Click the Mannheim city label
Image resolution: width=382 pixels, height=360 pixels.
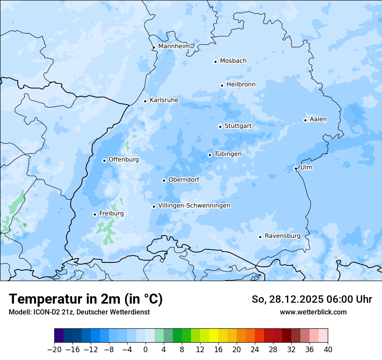click(174, 46)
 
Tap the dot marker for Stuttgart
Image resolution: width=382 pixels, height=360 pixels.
click(220, 127)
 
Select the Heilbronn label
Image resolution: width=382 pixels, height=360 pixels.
click(241, 85)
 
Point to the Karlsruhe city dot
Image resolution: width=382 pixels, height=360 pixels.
click(145, 101)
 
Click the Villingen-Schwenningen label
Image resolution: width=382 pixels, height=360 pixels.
click(194, 206)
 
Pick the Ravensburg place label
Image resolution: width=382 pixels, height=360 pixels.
click(283, 236)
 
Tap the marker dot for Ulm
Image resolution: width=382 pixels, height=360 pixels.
click(296, 168)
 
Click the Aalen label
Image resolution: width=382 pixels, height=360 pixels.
click(318, 119)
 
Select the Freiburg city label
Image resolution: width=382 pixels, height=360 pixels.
click(111, 213)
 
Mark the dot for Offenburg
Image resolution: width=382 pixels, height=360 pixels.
click(104, 160)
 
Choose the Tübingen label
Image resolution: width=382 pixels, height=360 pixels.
click(228, 154)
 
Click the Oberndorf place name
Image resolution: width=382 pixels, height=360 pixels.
click(184, 180)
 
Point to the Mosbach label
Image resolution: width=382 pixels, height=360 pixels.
click(233, 61)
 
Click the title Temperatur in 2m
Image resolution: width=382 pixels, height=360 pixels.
click(86, 299)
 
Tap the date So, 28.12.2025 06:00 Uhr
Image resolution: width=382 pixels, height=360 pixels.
click(312, 299)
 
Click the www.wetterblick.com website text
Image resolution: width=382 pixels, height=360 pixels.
click(313, 312)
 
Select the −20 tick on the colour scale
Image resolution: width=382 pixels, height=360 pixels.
click(54, 350)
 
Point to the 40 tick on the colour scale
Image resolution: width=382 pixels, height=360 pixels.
click(328, 350)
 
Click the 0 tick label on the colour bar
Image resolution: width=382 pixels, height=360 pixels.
click(145, 350)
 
